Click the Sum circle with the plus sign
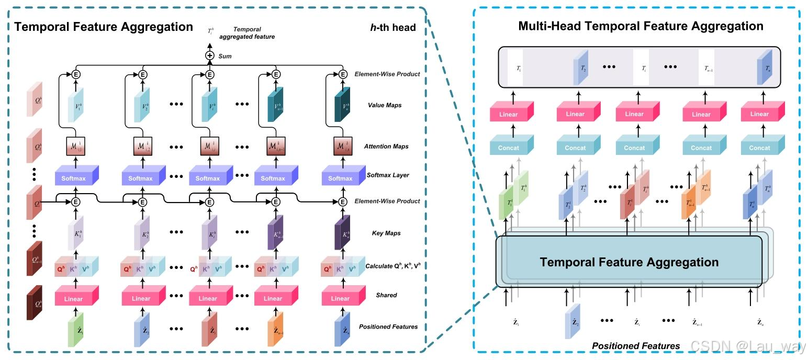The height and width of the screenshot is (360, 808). (210, 55)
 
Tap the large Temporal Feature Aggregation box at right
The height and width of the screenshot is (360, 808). (629, 262)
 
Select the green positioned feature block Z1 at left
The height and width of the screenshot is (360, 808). (76, 331)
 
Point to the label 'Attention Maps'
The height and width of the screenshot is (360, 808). (387, 147)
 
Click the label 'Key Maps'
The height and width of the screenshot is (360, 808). (386, 233)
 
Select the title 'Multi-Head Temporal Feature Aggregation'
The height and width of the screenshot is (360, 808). (641, 26)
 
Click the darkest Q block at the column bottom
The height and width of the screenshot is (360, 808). (36, 303)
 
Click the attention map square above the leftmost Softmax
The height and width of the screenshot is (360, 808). (75, 146)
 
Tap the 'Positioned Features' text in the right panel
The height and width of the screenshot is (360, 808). (636, 346)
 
